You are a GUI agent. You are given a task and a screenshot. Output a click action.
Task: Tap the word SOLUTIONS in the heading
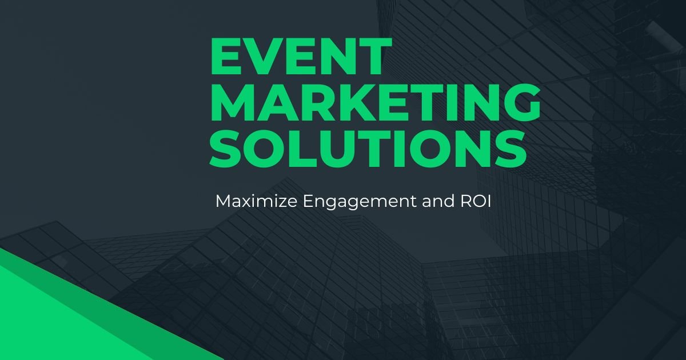368,149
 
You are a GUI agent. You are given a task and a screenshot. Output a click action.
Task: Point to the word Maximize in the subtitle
256,201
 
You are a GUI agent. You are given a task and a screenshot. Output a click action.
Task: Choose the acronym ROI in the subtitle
476,201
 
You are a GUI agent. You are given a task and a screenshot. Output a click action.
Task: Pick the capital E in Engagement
308,201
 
